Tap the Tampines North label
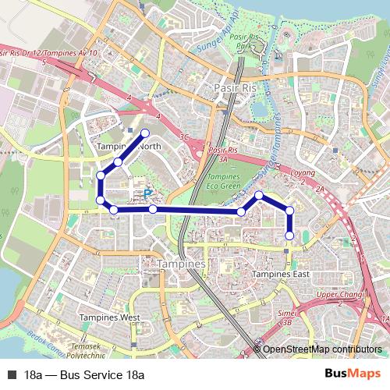129,147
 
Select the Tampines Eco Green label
225,183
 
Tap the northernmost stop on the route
145,133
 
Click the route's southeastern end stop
289,236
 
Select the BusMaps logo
353,374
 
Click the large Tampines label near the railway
181,265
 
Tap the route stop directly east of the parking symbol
153,209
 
